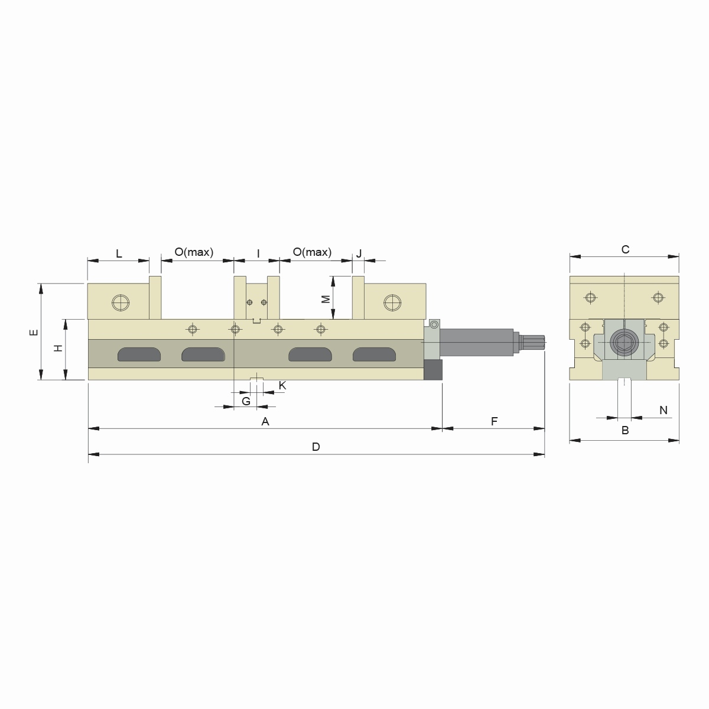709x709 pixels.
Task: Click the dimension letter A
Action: (265, 421)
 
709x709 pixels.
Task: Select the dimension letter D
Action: (316, 447)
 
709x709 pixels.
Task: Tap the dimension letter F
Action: (495, 421)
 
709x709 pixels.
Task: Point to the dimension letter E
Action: (34, 332)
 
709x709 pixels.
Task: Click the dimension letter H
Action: (58, 348)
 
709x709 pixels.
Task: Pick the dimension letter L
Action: (119, 254)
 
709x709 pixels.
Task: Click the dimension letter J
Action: (359, 254)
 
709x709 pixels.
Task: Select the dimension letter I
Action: (258, 254)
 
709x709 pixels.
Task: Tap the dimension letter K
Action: (282, 385)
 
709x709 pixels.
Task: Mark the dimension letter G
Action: (246, 401)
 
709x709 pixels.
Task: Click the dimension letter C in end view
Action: (625, 249)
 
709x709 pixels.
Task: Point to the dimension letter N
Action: (663, 410)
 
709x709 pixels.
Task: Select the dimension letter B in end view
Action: (625, 431)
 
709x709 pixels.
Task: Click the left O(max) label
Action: (194, 252)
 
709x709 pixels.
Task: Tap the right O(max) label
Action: (312, 252)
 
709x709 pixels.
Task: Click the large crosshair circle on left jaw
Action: (121, 303)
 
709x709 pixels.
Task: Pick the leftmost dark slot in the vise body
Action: (139, 354)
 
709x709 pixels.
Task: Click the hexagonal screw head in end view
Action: (624, 342)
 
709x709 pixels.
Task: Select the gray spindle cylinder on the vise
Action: (477, 342)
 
